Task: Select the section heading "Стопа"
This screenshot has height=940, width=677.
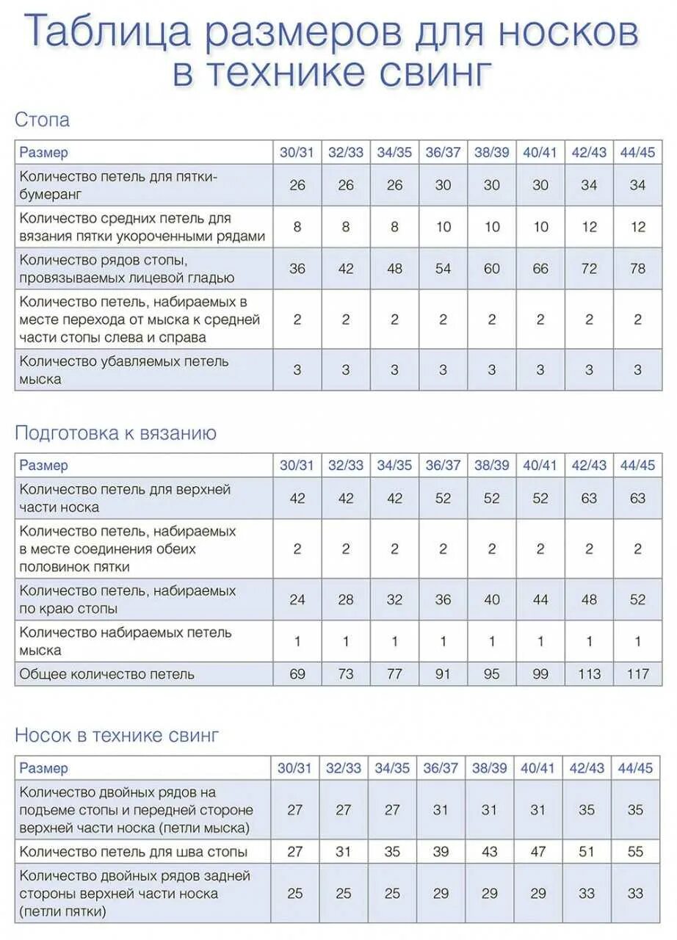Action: click(x=42, y=120)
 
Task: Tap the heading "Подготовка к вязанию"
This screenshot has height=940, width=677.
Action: click(x=115, y=433)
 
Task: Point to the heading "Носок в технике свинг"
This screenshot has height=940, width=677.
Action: click(x=117, y=735)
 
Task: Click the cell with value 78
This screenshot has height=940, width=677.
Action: click(x=637, y=269)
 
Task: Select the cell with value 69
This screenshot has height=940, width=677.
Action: click(x=297, y=674)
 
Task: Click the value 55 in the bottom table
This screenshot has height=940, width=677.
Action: click(x=635, y=852)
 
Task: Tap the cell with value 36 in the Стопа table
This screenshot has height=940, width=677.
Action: click(x=297, y=269)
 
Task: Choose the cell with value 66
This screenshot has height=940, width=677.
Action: click(x=540, y=269)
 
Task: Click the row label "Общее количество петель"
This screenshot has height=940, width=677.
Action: click(x=107, y=674)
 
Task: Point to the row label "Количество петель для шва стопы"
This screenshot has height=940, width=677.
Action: click(x=133, y=852)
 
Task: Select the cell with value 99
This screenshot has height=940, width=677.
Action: click(x=540, y=674)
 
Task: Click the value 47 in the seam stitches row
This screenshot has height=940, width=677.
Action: click(x=538, y=852)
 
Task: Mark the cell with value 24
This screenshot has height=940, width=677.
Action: click(x=297, y=600)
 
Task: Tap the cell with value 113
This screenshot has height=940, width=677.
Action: click(x=589, y=674)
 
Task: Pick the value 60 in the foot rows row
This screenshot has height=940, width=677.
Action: click(x=492, y=269)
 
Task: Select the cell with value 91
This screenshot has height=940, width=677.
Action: click(x=443, y=674)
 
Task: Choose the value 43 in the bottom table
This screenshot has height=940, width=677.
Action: click(x=490, y=852)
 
